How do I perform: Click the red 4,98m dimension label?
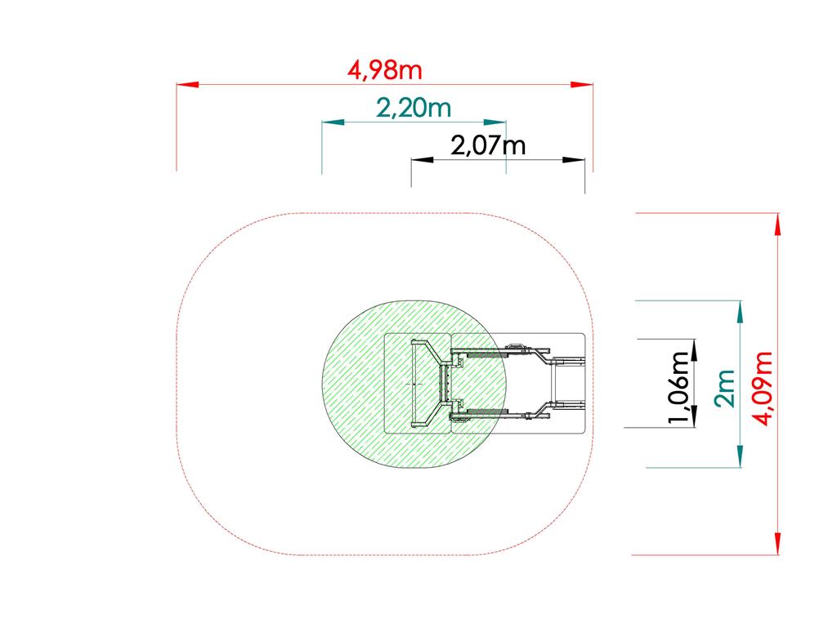385,70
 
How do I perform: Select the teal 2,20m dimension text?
414,109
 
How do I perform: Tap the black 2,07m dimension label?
488,145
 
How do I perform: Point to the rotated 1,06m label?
679,387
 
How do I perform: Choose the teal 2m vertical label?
725,389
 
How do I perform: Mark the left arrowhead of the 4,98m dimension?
188,84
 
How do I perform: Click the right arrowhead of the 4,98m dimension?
582,84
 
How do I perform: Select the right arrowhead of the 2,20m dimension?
495,122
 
